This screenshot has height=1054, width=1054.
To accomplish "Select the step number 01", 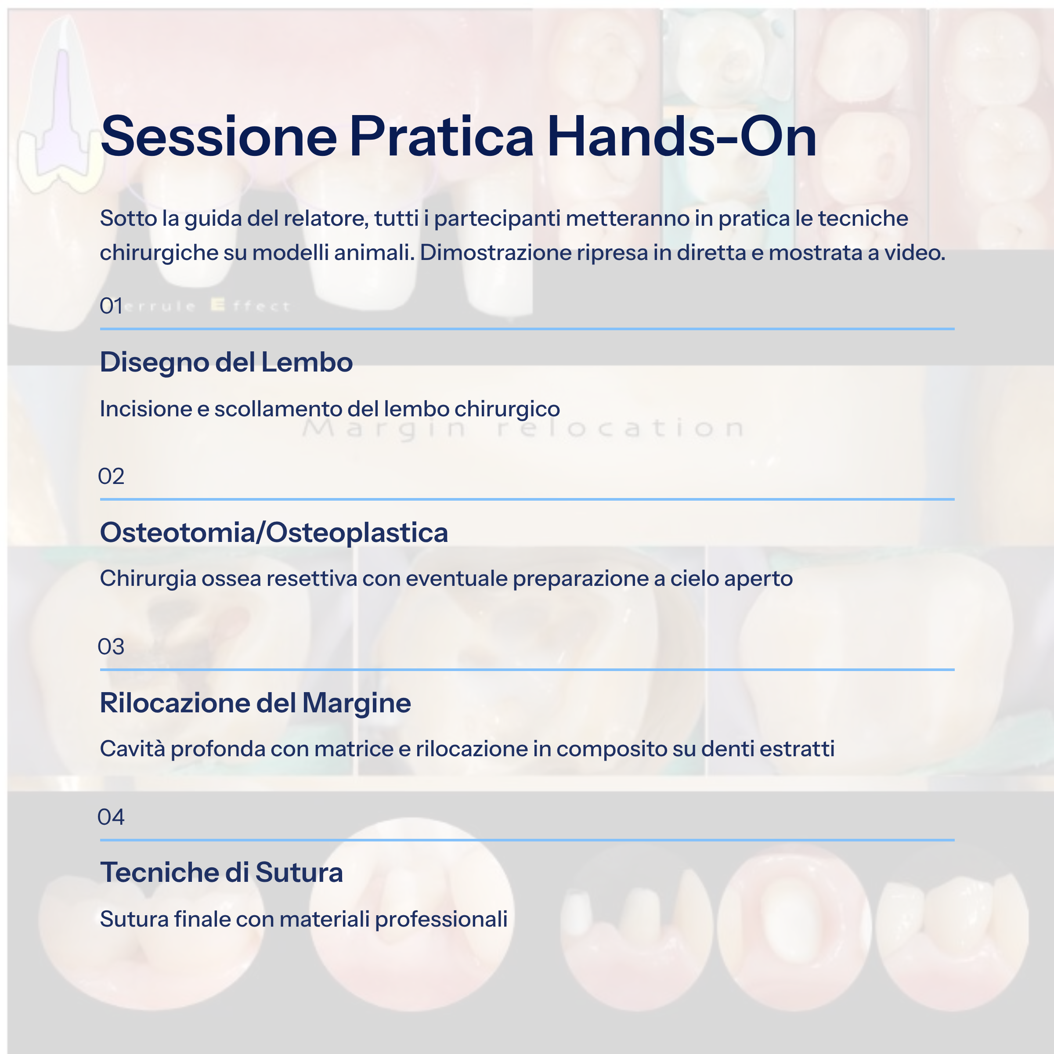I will [111, 306].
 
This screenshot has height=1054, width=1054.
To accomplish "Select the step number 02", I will [111, 476].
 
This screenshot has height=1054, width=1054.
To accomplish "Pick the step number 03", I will [111, 646].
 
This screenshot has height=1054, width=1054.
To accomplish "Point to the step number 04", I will [111, 817].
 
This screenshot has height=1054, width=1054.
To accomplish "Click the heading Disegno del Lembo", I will [226, 362].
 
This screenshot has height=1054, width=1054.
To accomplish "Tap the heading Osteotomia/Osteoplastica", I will [274, 532].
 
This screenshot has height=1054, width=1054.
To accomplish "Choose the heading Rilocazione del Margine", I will [255, 703].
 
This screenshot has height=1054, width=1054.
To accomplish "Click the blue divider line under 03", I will [527, 669].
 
